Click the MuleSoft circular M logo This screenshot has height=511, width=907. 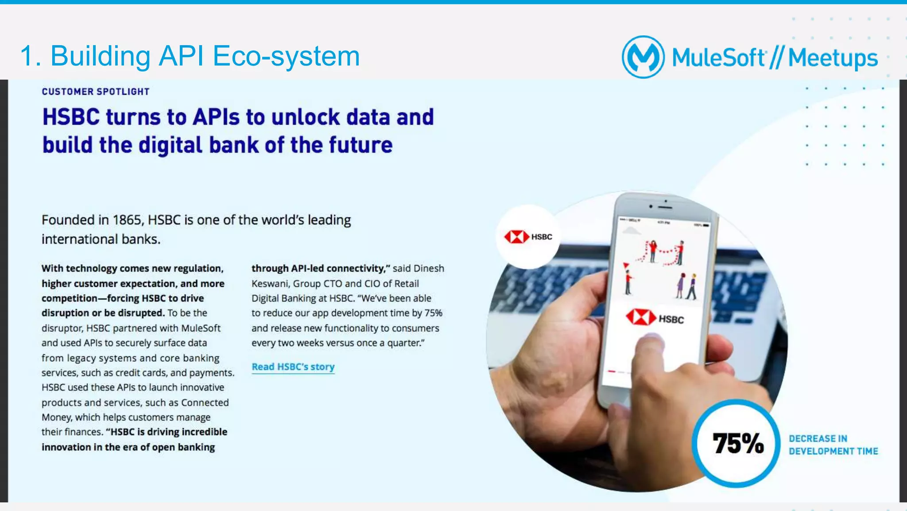(x=643, y=57)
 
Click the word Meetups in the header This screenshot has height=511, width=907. (x=833, y=58)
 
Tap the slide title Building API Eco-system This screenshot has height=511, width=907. (x=190, y=56)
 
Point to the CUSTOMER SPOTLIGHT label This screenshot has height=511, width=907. (x=96, y=92)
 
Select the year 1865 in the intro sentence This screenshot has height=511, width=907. (x=127, y=220)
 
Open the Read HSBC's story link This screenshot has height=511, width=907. (x=293, y=367)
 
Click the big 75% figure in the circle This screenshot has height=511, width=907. (x=738, y=443)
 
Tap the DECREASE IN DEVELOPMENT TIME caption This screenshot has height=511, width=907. (x=833, y=445)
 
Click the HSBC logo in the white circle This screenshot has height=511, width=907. (x=528, y=237)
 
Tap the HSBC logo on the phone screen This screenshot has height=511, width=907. (x=655, y=318)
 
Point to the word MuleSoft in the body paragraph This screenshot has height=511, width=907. (x=201, y=328)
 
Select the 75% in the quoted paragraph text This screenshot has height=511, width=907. (x=433, y=313)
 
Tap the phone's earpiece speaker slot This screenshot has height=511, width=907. (x=665, y=207)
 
